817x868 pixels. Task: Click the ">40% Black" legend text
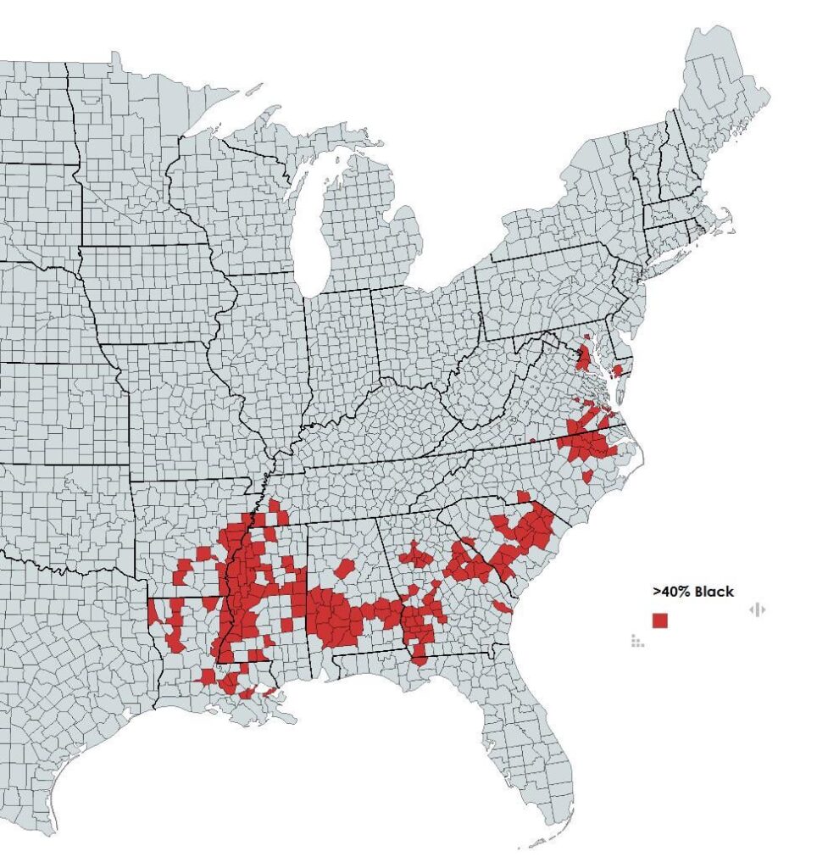(692, 592)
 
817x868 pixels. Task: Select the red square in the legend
(660, 620)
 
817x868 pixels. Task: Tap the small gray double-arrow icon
(757, 609)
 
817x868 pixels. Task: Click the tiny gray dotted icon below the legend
(637, 640)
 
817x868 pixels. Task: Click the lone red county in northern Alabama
(344, 567)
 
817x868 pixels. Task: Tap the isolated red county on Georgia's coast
(502, 605)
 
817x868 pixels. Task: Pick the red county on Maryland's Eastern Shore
(617, 370)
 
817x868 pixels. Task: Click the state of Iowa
(153, 288)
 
